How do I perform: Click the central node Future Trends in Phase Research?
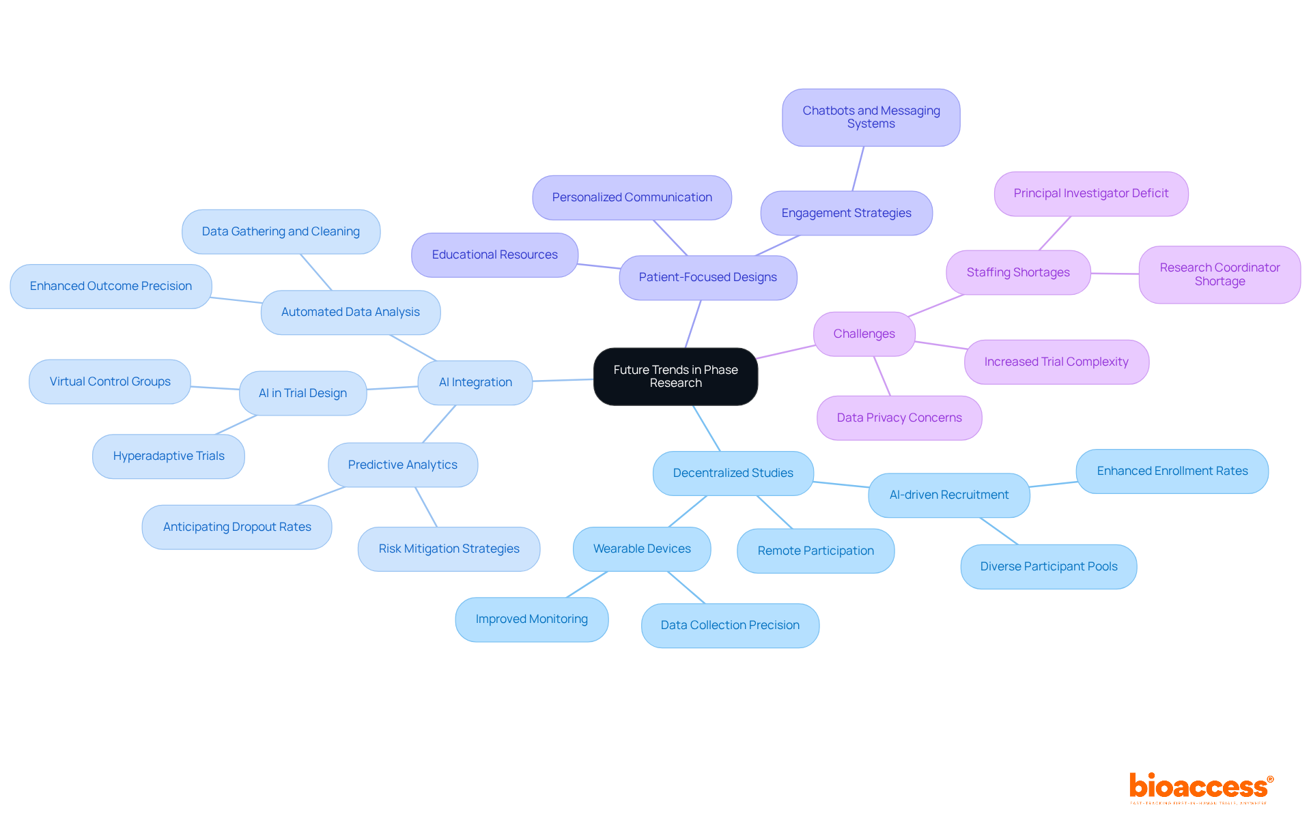675,377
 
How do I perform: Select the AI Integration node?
475,382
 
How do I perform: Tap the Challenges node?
864,334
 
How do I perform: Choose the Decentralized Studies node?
733,473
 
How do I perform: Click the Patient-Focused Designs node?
707,277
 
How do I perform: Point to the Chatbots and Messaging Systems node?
871,117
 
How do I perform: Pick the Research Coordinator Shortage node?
1220,274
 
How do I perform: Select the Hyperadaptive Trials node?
169,456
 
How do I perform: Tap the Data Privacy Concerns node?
899,418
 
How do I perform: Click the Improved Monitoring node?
531,619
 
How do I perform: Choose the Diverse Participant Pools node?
1048,566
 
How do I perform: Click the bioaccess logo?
1200,787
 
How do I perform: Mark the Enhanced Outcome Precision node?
111,286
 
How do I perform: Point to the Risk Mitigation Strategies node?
449,549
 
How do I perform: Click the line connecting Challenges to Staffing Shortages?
935,305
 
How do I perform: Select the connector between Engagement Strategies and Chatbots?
858,169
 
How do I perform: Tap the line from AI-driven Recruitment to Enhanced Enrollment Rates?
1053,484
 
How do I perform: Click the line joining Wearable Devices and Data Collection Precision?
686,587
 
